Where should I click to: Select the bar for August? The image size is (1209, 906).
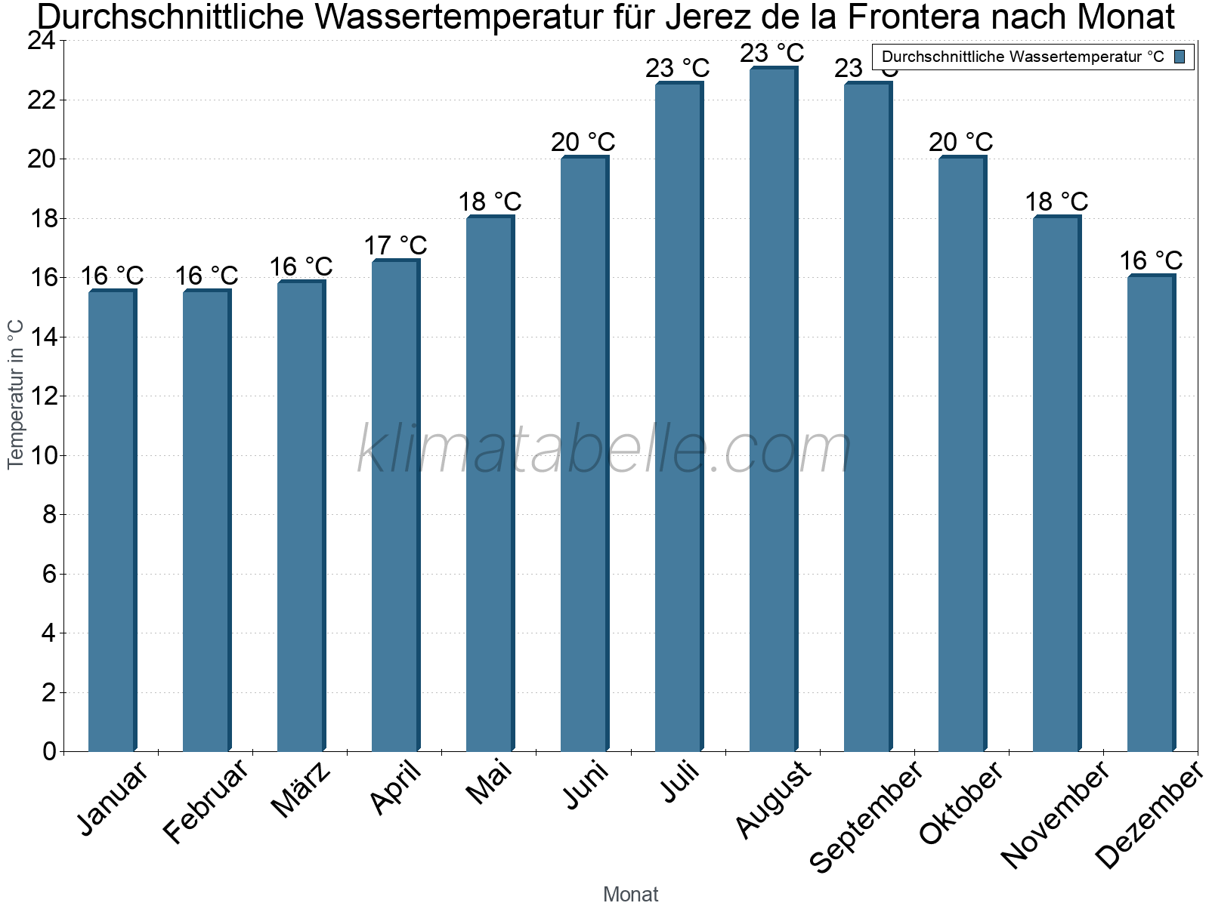[x=773, y=411]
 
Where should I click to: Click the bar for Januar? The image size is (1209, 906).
[x=112, y=521]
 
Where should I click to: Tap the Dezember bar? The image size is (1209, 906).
[x=1151, y=513]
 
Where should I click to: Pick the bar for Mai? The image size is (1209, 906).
[x=490, y=483]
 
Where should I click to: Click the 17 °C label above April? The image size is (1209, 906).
[x=395, y=245]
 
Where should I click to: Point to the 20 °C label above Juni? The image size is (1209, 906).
[x=583, y=142]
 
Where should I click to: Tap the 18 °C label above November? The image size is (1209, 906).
[x=1056, y=202]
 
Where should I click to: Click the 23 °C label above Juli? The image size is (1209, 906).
[x=677, y=69]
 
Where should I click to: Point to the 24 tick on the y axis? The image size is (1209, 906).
[x=42, y=41]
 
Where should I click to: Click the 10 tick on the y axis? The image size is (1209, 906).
[x=42, y=455]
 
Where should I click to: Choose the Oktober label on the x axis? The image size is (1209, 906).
[x=961, y=803]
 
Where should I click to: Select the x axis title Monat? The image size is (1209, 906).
[x=630, y=895]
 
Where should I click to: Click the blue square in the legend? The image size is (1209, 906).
[x=1180, y=57]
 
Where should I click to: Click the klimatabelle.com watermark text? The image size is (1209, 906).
[x=604, y=451]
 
